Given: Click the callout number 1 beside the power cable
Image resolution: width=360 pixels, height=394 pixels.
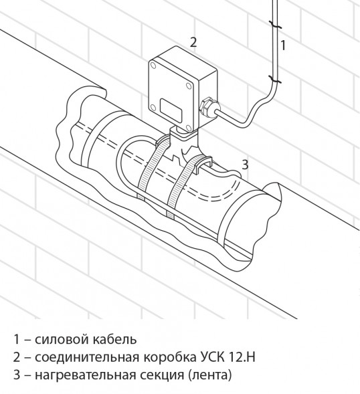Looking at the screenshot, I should [284, 45].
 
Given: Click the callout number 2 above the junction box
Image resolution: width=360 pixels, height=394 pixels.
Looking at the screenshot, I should [193, 41].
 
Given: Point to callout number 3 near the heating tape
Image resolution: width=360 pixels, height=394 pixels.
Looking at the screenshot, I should [246, 163].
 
